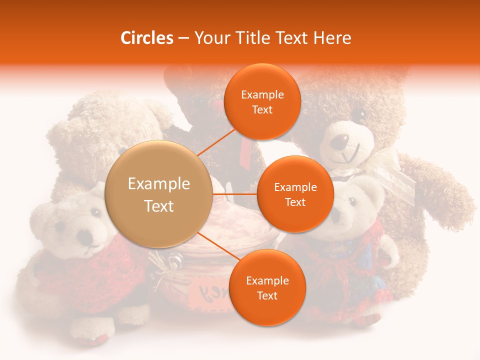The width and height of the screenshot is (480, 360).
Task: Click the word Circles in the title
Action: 146,38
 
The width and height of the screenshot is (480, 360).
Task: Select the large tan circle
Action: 158,194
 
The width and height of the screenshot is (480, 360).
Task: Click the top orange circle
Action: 262,101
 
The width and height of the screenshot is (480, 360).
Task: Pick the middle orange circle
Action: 295,194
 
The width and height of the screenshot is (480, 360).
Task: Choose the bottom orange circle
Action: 267,287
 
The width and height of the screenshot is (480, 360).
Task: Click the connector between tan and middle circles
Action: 235,194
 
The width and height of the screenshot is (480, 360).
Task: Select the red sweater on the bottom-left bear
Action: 75,270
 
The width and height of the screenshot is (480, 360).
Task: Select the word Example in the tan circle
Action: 158,184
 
